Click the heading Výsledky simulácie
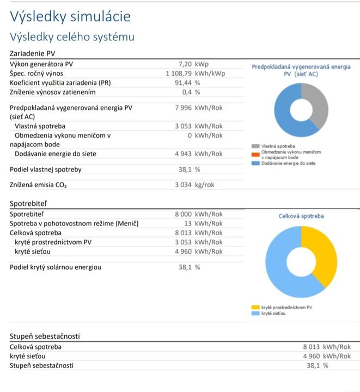coord(70,16)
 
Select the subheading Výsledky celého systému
coord(72,37)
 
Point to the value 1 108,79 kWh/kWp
coord(195,73)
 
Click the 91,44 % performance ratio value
coord(187,83)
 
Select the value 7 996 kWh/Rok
coord(198,108)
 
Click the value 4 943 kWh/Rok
coord(198,154)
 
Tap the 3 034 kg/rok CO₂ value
coord(194,185)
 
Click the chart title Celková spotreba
coord(301,216)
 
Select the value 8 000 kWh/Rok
coord(198,215)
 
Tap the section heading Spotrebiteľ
coord(28,204)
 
